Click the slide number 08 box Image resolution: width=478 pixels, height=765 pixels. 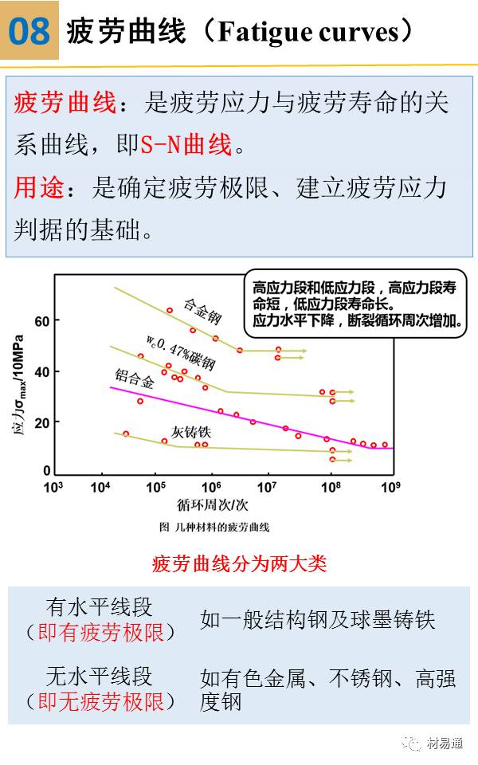[x=29, y=31]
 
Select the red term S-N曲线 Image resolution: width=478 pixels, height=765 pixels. [x=186, y=145]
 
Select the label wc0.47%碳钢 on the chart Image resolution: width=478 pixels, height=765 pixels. [x=181, y=351]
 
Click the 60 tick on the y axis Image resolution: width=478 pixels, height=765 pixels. [x=42, y=321]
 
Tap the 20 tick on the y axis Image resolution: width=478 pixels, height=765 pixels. [x=42, y=422]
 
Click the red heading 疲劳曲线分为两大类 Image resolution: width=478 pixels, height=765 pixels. [x=239, y=564]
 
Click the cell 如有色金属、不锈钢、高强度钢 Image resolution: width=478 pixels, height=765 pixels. [x=327, y=689]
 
